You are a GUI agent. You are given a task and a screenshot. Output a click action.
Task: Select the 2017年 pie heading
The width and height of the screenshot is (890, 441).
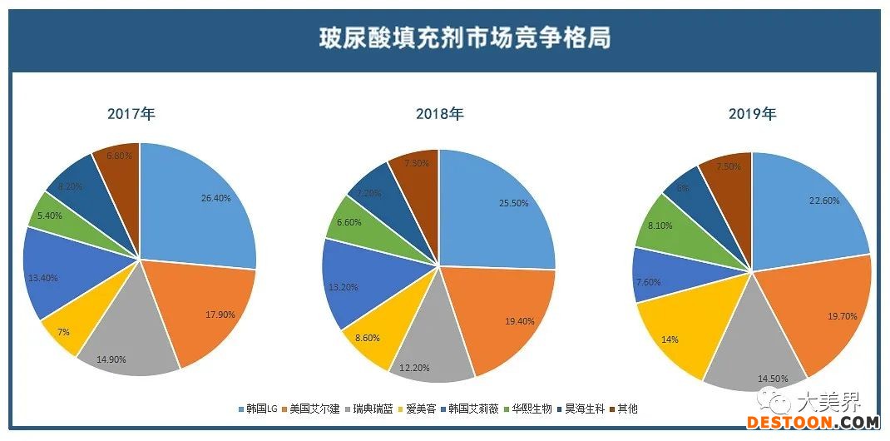tap(131, 115)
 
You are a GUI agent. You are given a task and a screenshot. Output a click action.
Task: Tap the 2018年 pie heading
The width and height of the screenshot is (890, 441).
tap(439, 114)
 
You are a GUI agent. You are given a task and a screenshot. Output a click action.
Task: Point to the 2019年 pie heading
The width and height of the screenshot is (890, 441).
tap(752, 115)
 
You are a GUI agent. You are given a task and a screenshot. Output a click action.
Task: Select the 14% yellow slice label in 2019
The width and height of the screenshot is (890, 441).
tap(670, 339)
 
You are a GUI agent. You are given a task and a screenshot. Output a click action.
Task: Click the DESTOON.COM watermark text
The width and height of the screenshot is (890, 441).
tap(813, 423)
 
